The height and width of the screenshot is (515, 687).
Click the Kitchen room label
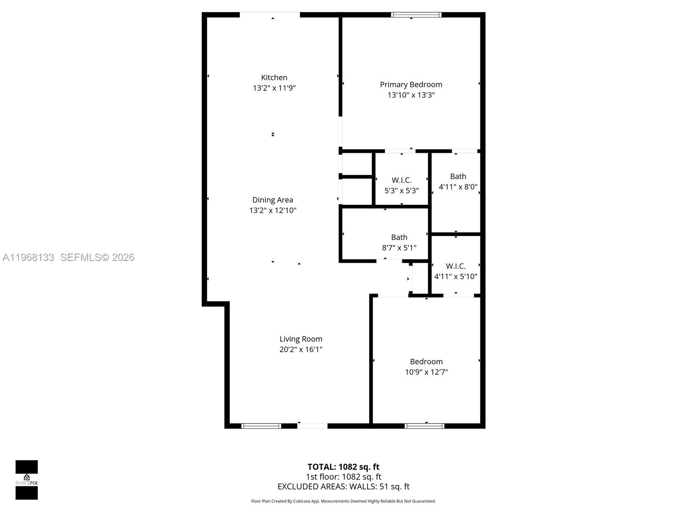tap(274, 78)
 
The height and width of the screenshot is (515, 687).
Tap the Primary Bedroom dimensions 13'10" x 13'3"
tap(411, 95)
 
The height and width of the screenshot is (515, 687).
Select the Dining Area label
tap(273, 200)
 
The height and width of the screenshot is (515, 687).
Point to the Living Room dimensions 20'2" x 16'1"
tap(301, 349)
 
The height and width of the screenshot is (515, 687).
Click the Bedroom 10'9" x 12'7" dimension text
tap(426, 372)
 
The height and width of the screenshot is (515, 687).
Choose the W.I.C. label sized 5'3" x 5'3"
tap(401, 180)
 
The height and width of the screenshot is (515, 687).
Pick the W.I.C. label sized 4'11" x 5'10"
tap(456, 266)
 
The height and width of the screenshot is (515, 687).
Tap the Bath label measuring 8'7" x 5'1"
tap(399, 237)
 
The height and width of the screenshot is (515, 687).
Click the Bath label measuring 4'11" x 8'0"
tap(458, 176)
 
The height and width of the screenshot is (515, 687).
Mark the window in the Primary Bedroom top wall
tap(416, 15)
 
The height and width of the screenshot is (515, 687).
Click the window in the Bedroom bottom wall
tap(424, 426)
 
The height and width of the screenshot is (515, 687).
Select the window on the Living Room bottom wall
tap(261, 426)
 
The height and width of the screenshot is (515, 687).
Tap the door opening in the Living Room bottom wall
tap(312, 426)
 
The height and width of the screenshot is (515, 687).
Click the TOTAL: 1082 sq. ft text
tap(343, 467)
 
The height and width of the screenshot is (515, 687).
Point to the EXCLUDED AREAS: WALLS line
tap(343, 487)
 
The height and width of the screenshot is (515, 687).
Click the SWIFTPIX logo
tap(27, 480)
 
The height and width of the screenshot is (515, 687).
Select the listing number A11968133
tap(28, 257)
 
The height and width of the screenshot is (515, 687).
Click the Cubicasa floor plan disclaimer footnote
tap(343, 501)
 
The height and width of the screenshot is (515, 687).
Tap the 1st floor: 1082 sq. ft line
tap(343, 477)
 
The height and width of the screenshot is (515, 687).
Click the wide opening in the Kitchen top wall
tap(270, 15)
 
